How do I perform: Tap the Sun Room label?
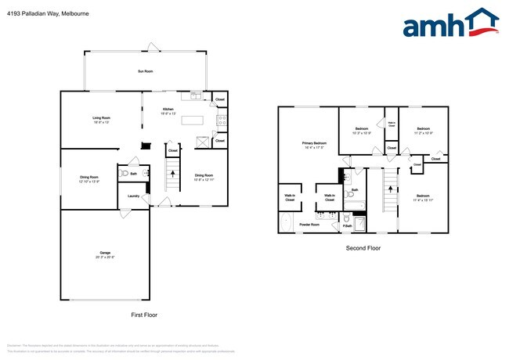pyautogui.click(x=145, y=71)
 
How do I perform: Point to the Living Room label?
pyautogui.click(x=102, y=120)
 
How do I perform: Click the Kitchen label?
pyautogui.click(x=168, y=110)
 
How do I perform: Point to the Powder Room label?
pyautogui.click(x=309, y=225)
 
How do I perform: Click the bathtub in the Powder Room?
pyautogui.click(x=286, y=224)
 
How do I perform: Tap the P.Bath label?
pyautogui.click(x=347, y=227)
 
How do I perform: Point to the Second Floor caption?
pyautogui.click(x=363, y=248)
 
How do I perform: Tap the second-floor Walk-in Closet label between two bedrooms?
pyautogui.click(x=392, y=124)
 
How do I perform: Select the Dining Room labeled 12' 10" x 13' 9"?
pyautogui.click(x=88, y=179)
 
